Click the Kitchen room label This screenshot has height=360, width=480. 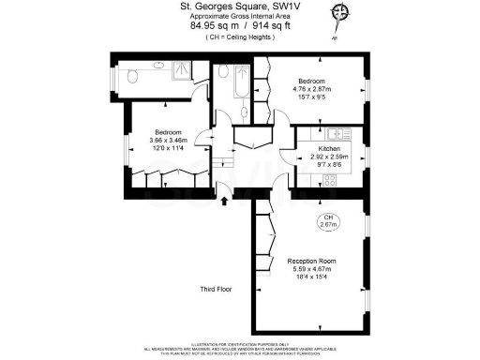[x=328, y=149]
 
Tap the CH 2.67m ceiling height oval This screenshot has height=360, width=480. [x=328, y=222]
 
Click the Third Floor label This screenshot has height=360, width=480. [x=216, y=289]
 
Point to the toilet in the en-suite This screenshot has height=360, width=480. [x=136, y=76]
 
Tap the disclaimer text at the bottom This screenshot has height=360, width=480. [x=241, y=350]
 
